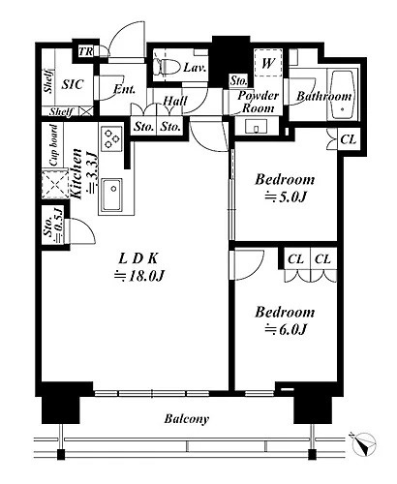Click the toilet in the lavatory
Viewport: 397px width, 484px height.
168,66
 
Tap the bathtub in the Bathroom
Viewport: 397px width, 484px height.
343,95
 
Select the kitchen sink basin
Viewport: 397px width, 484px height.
112,194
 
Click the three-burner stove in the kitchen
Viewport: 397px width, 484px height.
111,138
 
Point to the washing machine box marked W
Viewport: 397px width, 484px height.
268,63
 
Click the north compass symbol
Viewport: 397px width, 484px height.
364,444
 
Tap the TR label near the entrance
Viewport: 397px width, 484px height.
86,51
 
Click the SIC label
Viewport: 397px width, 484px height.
73,84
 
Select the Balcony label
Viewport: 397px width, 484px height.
187,419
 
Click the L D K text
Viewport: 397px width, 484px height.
138,258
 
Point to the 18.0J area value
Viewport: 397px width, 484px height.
139,276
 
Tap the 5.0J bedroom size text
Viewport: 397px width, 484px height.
286,197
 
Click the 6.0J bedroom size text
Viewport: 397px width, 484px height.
286,330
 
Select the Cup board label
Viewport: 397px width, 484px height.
53,145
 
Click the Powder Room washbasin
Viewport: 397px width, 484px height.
257,127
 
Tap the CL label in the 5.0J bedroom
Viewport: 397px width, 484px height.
349,139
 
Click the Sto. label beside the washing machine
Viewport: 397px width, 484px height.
238,80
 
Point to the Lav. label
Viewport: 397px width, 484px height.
195,68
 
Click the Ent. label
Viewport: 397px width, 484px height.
124,89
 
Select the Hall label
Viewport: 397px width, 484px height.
174,102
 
